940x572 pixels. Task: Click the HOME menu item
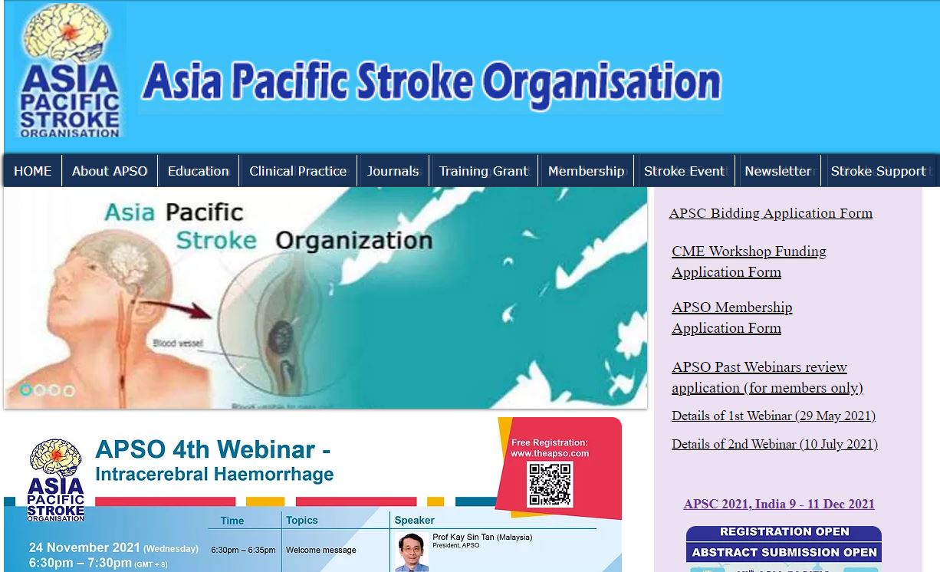click(33, 171)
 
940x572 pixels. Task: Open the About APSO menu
click(110, 171)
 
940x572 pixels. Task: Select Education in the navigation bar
click(199, 171)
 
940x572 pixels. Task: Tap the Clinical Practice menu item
click(297, 171)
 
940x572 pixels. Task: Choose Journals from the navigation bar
click(393, 171)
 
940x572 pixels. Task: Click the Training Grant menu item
click(484, 171)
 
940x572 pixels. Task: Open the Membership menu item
click(587, 171)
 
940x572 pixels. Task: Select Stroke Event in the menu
click(685, 171)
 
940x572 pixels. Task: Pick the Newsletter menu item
click(778, 171)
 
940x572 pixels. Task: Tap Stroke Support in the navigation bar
click(879, 171)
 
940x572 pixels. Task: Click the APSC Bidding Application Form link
click(771, 213)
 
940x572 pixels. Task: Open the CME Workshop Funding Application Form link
click(748, 261)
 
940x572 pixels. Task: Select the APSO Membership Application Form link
click(731, 317)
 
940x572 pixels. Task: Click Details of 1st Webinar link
click(774, 416)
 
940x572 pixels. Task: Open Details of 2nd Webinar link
click(774, 444)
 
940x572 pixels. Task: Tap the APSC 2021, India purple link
click(779, 504)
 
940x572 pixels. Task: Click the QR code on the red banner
click(550, 483)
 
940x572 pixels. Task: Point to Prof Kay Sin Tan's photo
click(412, 552)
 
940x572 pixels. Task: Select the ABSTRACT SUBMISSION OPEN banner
click(784, 552)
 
